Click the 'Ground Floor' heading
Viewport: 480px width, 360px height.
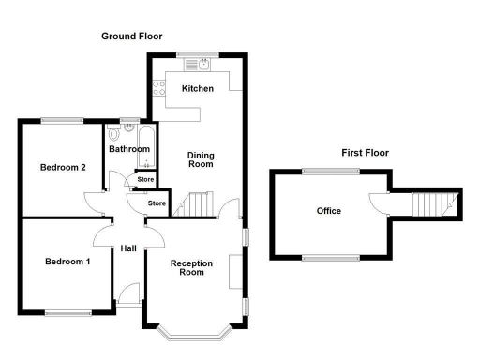click(132, 36)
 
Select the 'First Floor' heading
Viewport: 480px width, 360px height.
click(365, 153)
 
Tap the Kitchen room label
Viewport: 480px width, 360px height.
click(198, 89)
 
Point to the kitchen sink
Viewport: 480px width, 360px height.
click(200, 65)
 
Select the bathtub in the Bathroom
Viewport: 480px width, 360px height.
click(130, 133)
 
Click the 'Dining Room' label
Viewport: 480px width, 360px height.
click(201, 159)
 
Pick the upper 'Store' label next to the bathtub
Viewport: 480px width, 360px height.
click(145, 179)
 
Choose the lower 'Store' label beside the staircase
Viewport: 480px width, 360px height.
click(157, 202)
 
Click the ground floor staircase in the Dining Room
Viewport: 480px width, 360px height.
click(197, 203)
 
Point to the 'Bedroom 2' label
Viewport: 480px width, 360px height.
click(63, 168)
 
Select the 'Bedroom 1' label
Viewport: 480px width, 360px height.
click(67, 262)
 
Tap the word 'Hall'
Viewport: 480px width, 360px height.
click(128, 248)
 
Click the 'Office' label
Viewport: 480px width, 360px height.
click(328, 211)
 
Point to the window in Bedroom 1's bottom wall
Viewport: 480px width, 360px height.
click(67, 312)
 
